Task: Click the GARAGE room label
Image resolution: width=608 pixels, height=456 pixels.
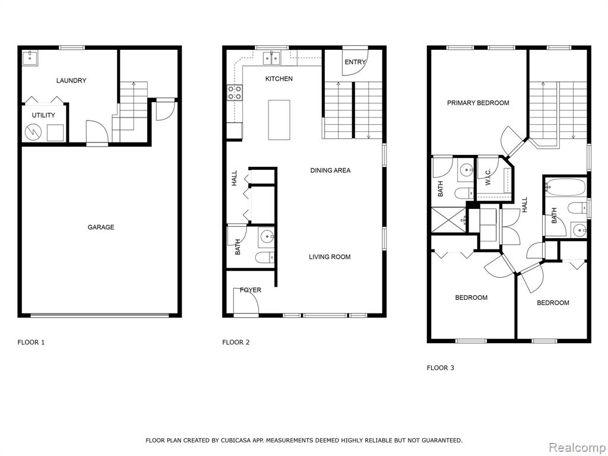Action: point(101,227)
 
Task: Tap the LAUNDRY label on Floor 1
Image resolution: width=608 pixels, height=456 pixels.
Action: point(71,81)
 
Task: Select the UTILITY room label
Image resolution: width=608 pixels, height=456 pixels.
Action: point(43,115)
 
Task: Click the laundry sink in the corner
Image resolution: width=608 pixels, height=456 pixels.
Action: point(30,58)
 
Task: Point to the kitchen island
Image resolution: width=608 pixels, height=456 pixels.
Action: point(279,120)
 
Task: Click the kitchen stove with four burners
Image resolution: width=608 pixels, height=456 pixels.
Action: point(235,93)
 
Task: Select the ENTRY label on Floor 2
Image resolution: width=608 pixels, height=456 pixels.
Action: point(355,62)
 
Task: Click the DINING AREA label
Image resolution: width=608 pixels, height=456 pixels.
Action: point(330,170)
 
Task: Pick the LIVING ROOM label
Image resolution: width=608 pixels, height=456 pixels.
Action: point(330,256)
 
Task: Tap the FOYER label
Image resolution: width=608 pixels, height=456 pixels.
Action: point(251,290)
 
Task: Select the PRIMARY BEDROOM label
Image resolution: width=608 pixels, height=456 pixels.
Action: point(478,103)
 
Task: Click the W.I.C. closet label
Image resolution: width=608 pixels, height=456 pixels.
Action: point(488,177)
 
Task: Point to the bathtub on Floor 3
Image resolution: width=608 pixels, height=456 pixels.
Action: point(565,187)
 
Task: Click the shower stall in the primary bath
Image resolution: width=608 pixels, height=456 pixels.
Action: point(449,220)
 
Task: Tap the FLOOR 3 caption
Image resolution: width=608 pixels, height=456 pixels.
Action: point(441,368)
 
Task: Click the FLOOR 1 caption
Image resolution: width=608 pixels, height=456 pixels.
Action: point(31,342)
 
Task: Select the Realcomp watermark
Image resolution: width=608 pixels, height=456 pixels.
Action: point(577,447)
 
